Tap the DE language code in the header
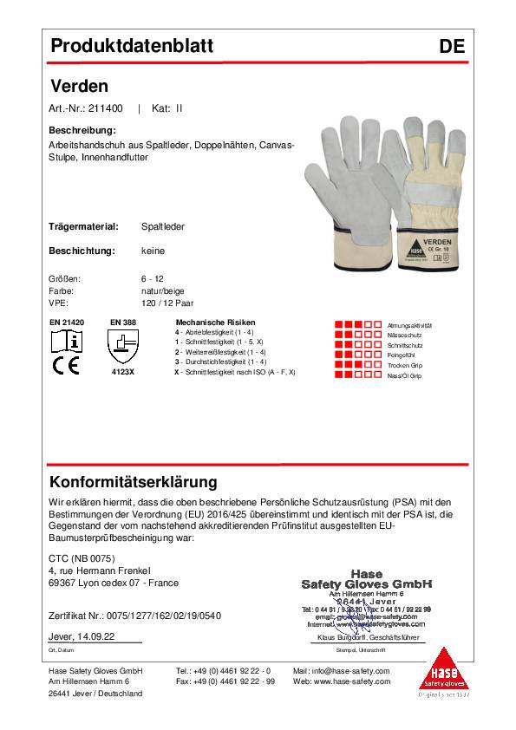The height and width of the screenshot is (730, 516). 452,47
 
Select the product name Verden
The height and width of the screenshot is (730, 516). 79,86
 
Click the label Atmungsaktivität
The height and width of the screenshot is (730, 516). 410,324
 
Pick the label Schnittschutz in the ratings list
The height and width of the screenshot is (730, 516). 405,345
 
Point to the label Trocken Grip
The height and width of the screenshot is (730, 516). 405,366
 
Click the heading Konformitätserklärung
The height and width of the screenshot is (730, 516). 134,482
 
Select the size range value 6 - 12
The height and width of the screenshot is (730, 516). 152,280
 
